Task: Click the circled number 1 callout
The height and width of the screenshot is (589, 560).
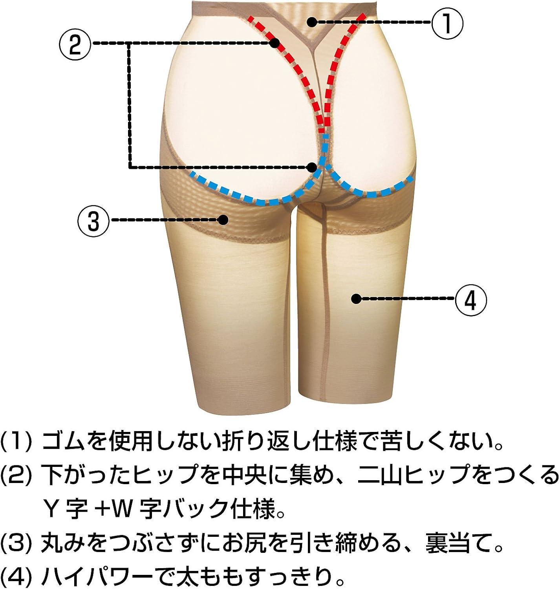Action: point(447,23)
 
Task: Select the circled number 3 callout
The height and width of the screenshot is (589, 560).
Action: point(93,221)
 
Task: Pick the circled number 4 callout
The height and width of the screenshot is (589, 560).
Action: point(471,300)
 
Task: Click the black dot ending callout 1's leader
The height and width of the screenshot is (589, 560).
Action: point(311,22)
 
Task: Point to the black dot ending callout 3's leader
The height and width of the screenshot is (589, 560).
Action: point(223,220)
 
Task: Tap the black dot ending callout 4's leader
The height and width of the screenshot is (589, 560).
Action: point(356,299)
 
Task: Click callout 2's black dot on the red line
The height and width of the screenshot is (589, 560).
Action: point(275,42)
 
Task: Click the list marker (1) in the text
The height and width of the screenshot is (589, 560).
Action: point(16,442)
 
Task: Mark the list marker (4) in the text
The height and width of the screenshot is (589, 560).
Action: point(16,577)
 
